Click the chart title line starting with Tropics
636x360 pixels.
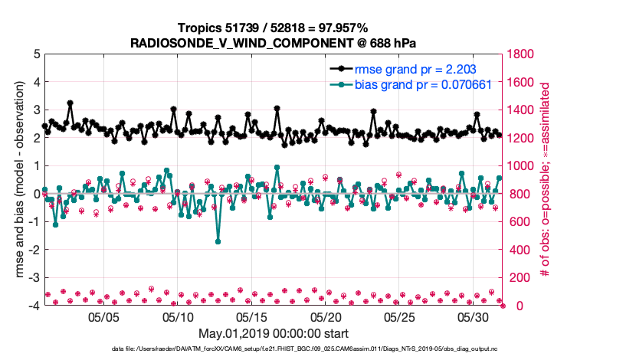click(x=273, y=28)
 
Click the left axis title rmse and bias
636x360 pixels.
click(x=19, y=180)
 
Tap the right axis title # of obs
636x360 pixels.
click(x=546, y=180)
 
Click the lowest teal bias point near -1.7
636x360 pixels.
click(x=218, y=241)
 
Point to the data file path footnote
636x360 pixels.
click(x=274, y=349)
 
